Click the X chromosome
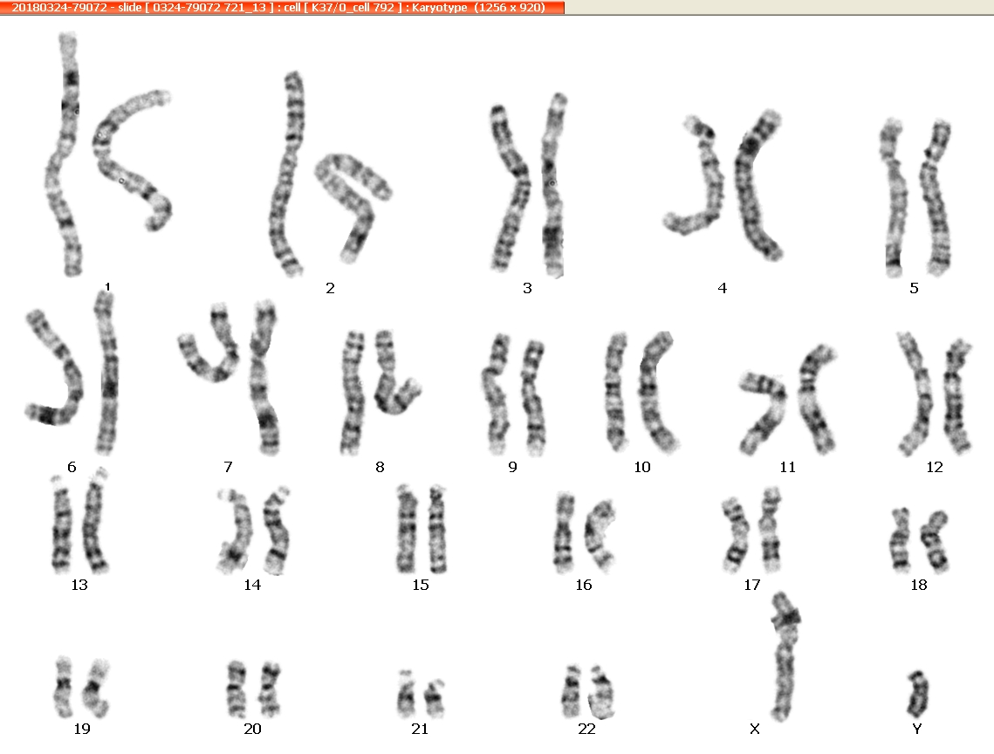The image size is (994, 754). [x=785, y=660]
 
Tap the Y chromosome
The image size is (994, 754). [x=917, y=694]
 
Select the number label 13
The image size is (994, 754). [x=79, y=585]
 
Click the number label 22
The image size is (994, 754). [x=587, y=729]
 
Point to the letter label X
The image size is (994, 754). [x=754, y=729]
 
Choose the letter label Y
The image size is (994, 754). [x=916, y=729]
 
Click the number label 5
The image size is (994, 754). [x=914, y=289]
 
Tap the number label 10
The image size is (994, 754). [x=642, y=468]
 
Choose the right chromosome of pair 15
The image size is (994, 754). [x=437, y=530]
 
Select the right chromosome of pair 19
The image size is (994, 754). [x=96, y=688]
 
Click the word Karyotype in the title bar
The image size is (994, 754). [x=439, y=8]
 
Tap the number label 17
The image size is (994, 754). [x=752, y=585]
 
